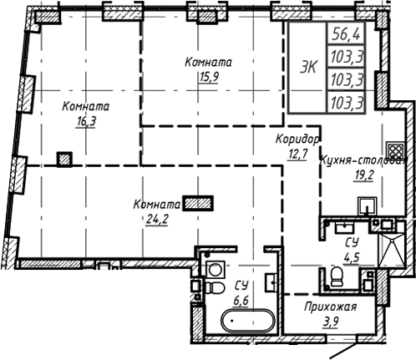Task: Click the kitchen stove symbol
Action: tap(396, 151)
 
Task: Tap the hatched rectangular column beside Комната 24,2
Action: tap(199, 201)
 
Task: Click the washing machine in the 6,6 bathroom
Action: tap(215, 268)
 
